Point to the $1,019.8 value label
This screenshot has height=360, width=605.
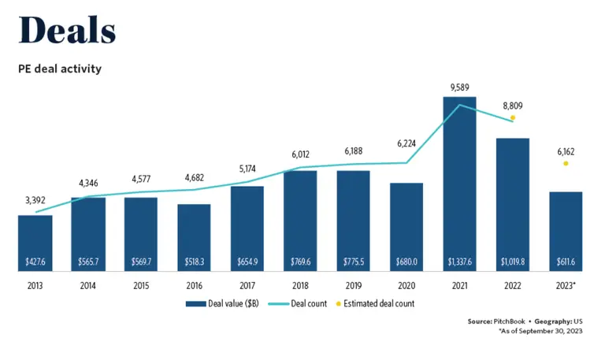pos(513,262)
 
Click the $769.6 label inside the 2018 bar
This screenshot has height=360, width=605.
pos(300,262)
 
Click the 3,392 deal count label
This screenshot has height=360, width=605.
pos(35,200)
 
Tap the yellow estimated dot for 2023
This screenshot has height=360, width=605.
pos(566,163)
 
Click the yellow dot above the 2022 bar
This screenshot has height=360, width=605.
pos(513,117)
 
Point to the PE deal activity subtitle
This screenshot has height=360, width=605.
pos(60,69)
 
